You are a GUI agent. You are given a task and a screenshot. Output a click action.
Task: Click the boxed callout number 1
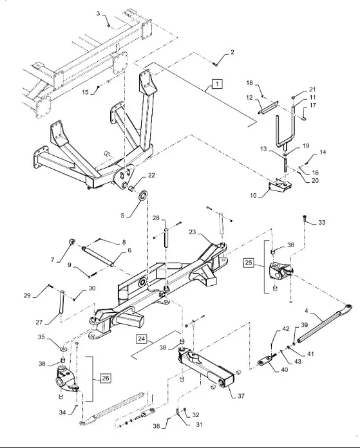217,84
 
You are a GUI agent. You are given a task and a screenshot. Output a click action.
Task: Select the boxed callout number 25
249,262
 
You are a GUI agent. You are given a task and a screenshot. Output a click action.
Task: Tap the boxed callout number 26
106,378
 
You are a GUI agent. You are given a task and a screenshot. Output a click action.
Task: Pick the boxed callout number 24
141,339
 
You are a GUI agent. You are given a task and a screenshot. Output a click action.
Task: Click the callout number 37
241,396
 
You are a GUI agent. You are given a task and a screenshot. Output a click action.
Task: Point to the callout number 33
322,222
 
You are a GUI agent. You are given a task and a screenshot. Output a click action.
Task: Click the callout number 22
151,176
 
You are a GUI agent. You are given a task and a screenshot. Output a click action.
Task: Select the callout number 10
253,196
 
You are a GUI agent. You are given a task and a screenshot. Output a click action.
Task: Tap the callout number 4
307,311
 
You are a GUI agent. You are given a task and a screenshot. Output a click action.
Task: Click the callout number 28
156,218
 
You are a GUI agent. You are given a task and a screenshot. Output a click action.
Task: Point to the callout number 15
85,92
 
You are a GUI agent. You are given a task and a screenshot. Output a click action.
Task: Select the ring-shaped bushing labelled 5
142,196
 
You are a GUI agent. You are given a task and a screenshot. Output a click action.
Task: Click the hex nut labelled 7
71,242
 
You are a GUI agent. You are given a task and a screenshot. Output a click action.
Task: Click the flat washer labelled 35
63,349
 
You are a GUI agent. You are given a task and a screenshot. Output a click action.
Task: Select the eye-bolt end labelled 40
267,360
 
